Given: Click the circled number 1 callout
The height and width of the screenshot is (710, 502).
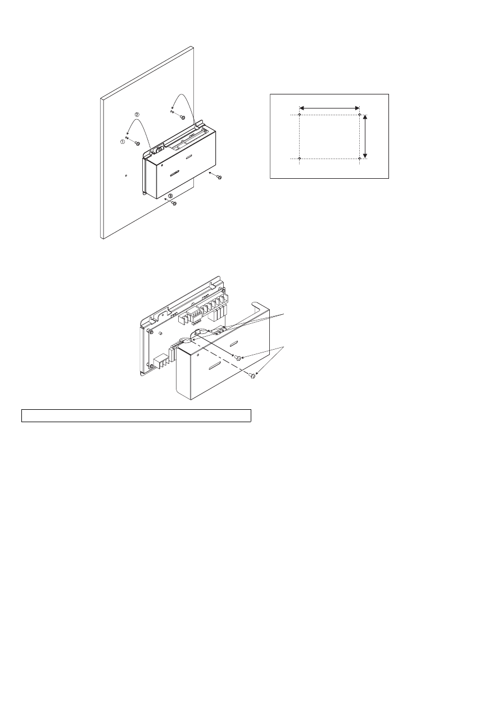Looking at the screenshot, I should (123, 142).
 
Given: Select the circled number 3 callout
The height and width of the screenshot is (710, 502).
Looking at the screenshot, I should (170, 196).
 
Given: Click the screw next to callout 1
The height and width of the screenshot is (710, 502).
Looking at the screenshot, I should (137, 143).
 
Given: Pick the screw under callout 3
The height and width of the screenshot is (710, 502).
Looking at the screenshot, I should (174, 203).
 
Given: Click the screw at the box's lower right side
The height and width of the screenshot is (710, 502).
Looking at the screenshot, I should (219, 178).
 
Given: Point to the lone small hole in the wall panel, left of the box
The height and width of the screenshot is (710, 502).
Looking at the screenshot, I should (126, 175).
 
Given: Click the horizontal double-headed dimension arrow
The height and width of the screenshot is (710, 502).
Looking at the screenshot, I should (329, 107).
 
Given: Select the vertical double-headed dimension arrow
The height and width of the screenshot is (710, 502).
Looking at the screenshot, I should (366, 137).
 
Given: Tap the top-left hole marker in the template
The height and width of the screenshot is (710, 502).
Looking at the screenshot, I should (300, 115).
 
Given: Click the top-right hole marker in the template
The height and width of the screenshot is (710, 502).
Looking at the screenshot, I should (359, 115).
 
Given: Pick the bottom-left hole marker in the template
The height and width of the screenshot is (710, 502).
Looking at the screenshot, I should (300, 159).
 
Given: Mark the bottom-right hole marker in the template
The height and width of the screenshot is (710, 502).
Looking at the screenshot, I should (359, 159).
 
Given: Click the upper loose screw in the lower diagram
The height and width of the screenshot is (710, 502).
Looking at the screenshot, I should (238, 358).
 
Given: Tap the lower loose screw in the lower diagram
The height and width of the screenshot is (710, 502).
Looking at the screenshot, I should (253, 377).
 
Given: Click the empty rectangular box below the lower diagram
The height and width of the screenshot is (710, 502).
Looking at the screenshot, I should (135, 416).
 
